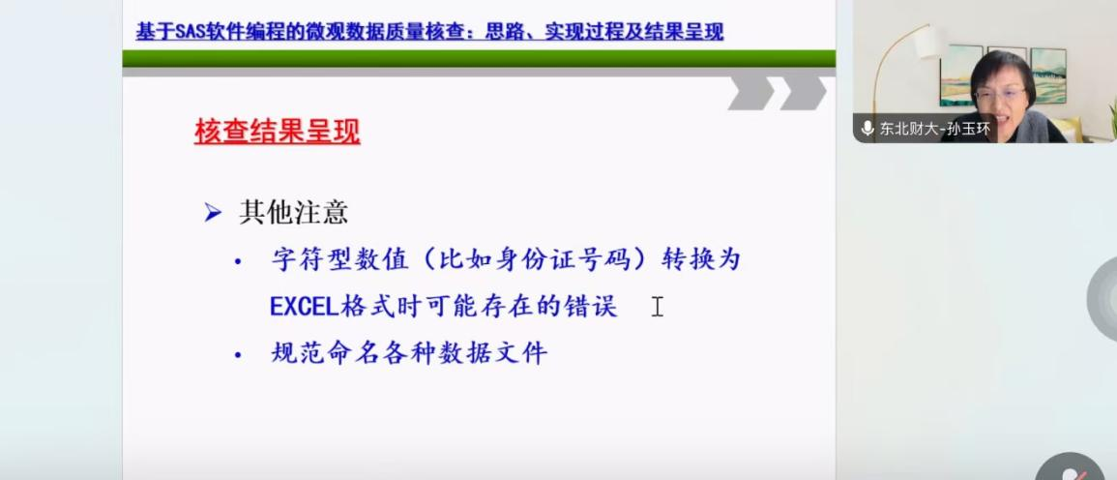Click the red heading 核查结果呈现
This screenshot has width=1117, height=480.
pos(278,132)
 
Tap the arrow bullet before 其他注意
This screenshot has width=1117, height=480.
pos(213,213)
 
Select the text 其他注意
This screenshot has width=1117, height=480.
pos(293,213)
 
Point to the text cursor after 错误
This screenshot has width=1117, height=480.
pos(657,307)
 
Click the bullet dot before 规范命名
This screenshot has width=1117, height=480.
pos(238,354)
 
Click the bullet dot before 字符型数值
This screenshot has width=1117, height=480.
pos(238,261)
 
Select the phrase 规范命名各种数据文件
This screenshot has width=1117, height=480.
pos(409,353)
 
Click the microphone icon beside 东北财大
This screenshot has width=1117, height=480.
pos(867,129)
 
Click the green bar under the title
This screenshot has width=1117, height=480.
pos(479,58)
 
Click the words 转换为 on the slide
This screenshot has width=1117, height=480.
pos(702,259)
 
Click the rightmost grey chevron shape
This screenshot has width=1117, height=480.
pos(803,93)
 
